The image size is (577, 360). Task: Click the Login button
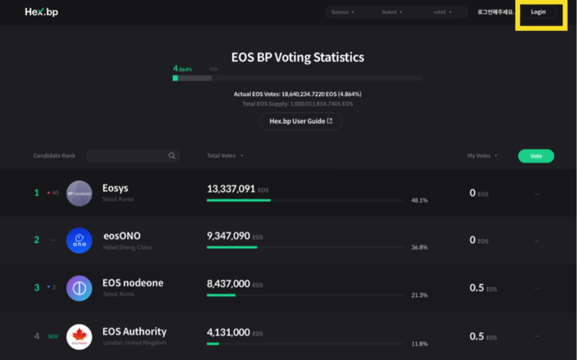(x=538, y=12)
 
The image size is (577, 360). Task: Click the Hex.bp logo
(x=41, y=12)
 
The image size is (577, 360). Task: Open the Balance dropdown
(x=343, y=12)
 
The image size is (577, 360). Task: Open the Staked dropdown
(x=392, y=12)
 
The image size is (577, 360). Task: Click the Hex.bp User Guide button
(x=301, y=121)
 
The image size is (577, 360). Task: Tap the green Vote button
(x=536, y=156)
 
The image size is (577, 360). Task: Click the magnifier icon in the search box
(x=172, y=156)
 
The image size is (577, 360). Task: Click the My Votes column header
(x=481, y=156)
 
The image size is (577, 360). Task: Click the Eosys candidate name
(x=115, y=188)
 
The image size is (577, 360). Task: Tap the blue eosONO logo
(x=79, y=240)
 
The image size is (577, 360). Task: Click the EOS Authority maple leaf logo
(x=79, y=336)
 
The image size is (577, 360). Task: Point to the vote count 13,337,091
(x=231, y=189)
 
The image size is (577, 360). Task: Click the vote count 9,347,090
(x=228, y=236)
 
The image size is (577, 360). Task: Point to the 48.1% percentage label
(x=419, y=200)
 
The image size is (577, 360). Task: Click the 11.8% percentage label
(x=419, y=343)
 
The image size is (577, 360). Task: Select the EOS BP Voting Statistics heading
(x=297, y=57)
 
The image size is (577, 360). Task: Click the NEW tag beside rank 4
(x=52, y=336)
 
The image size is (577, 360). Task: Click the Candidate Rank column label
(x=54, y=156)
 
